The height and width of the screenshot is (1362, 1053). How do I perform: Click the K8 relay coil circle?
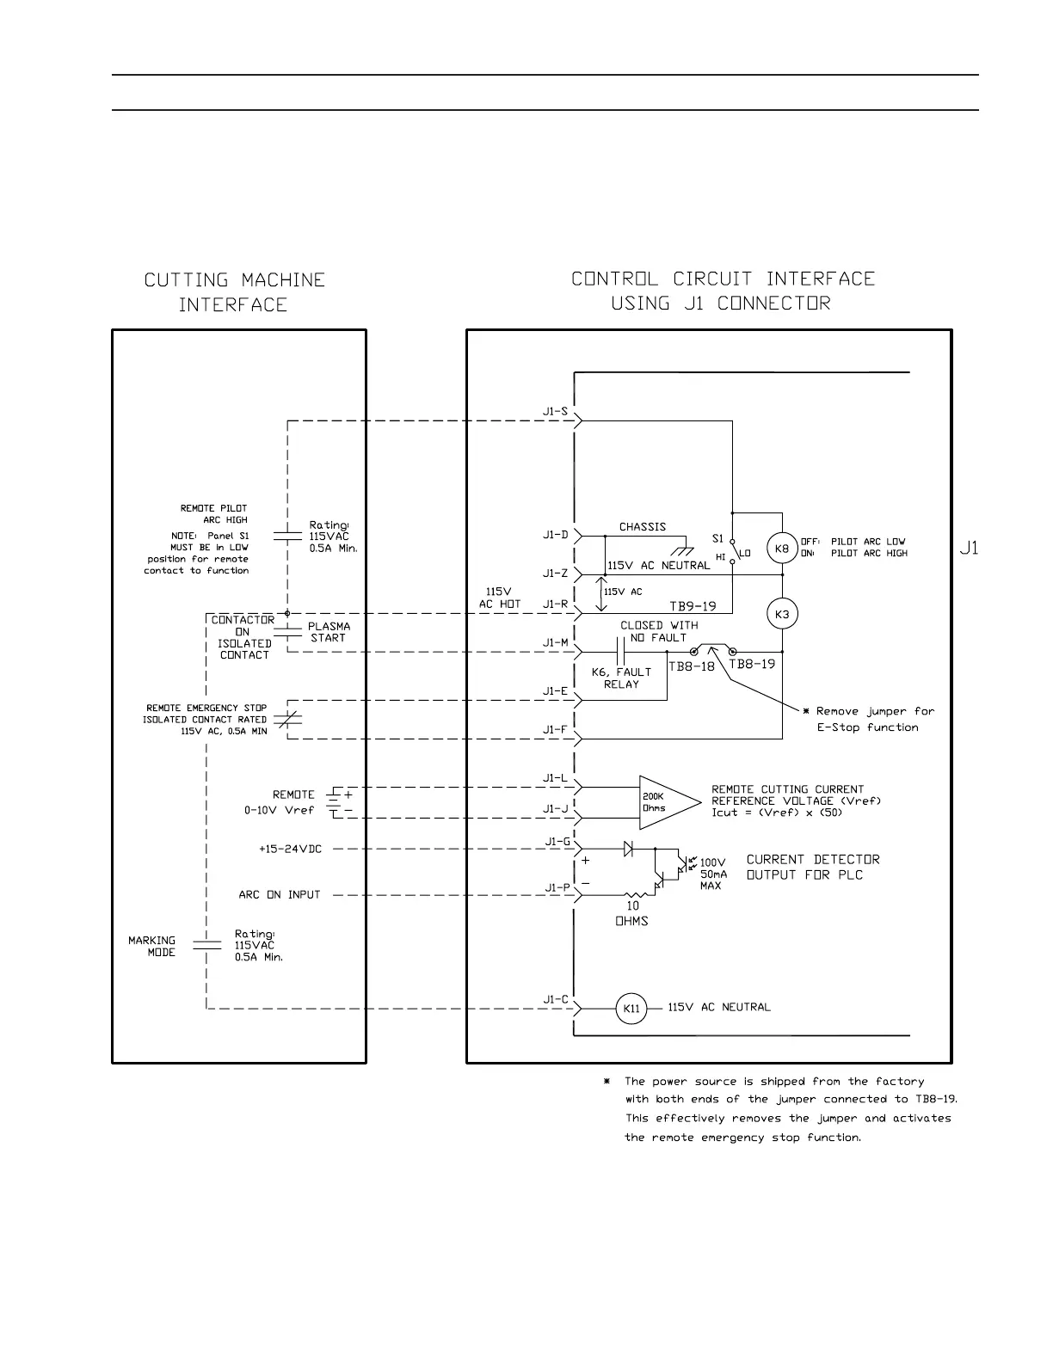(x=782, y=549)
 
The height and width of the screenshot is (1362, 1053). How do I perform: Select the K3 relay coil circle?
(x=782, y=614)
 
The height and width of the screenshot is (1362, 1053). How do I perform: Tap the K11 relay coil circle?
(x=631, y=1009)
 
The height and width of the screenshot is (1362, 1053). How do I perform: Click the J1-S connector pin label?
(x=555, y=411)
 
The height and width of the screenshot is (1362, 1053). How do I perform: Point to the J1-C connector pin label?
(x=555, y=999)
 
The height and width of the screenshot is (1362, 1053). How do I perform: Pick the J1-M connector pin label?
(x=555, y=642)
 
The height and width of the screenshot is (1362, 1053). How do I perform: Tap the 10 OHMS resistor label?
(x=632, y=913)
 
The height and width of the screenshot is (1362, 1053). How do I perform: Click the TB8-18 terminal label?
(x=692, y=666)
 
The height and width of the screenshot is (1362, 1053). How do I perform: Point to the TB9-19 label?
(x=693, y=606)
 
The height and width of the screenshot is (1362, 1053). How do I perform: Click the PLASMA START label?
(x=329, y=632)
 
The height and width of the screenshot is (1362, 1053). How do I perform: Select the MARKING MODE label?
(x=152, y=946)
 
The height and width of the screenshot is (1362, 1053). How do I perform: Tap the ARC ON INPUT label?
(x=279, y=895)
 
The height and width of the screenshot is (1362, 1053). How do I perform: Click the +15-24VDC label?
(x=290, y=849)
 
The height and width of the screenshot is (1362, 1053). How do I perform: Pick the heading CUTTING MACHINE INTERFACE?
(x=234, y=292)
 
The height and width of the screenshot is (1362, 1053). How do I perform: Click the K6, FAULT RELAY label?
(x=621, y=678)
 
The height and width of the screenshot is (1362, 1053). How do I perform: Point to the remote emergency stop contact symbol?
(x=287, y=719)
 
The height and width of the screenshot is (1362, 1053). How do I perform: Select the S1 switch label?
(x=717, y=539)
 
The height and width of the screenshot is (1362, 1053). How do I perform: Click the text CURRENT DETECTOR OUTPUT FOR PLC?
(x=812, y=867)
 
